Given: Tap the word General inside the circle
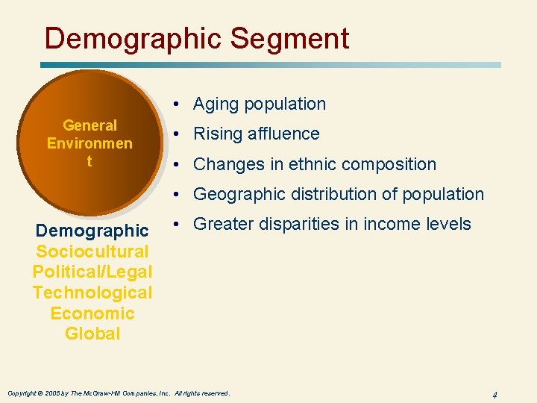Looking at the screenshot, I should tap(89, 125).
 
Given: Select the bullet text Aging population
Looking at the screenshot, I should tap(260, 104).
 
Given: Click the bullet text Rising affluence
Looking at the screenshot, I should tap(257, 134).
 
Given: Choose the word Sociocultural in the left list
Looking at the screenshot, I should tap(92, 252).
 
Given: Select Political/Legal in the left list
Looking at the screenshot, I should tap(92, 272).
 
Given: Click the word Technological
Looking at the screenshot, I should tap(92, 293).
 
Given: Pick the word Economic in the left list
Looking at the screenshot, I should tap(92, 313).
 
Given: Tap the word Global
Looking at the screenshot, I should tap(92, 334).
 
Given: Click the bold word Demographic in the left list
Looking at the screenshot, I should tap(92, 231).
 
